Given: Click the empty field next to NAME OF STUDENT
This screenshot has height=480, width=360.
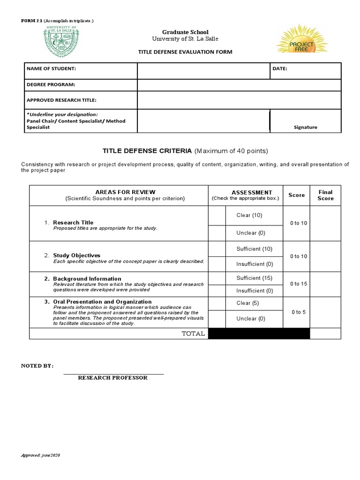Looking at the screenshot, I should point(203,71).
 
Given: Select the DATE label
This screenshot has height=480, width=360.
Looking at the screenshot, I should point(280,69).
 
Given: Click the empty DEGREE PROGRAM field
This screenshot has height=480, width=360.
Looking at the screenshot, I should point(239,85).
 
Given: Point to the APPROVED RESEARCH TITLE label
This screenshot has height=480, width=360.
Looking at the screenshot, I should point(61,100).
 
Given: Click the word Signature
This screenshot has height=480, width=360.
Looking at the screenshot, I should point(305,127).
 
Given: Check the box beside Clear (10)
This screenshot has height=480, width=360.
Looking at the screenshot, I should point(217,216).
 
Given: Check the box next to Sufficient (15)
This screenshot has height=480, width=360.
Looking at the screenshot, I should point(217,278).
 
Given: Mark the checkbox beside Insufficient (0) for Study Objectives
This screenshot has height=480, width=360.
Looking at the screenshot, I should point(217,264).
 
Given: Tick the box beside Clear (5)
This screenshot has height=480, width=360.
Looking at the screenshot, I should point(217,303).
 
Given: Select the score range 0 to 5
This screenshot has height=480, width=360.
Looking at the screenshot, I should point(298,312).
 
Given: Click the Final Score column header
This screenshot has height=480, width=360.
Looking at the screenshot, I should point(325,195).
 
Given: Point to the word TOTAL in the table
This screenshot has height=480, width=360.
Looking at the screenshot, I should point(193,334).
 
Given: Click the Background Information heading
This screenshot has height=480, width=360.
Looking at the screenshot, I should point(87,278).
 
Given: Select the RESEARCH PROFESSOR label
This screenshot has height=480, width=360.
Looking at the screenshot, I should point(112,378).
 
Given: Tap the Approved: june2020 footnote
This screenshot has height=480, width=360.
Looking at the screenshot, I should point(41,456).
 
